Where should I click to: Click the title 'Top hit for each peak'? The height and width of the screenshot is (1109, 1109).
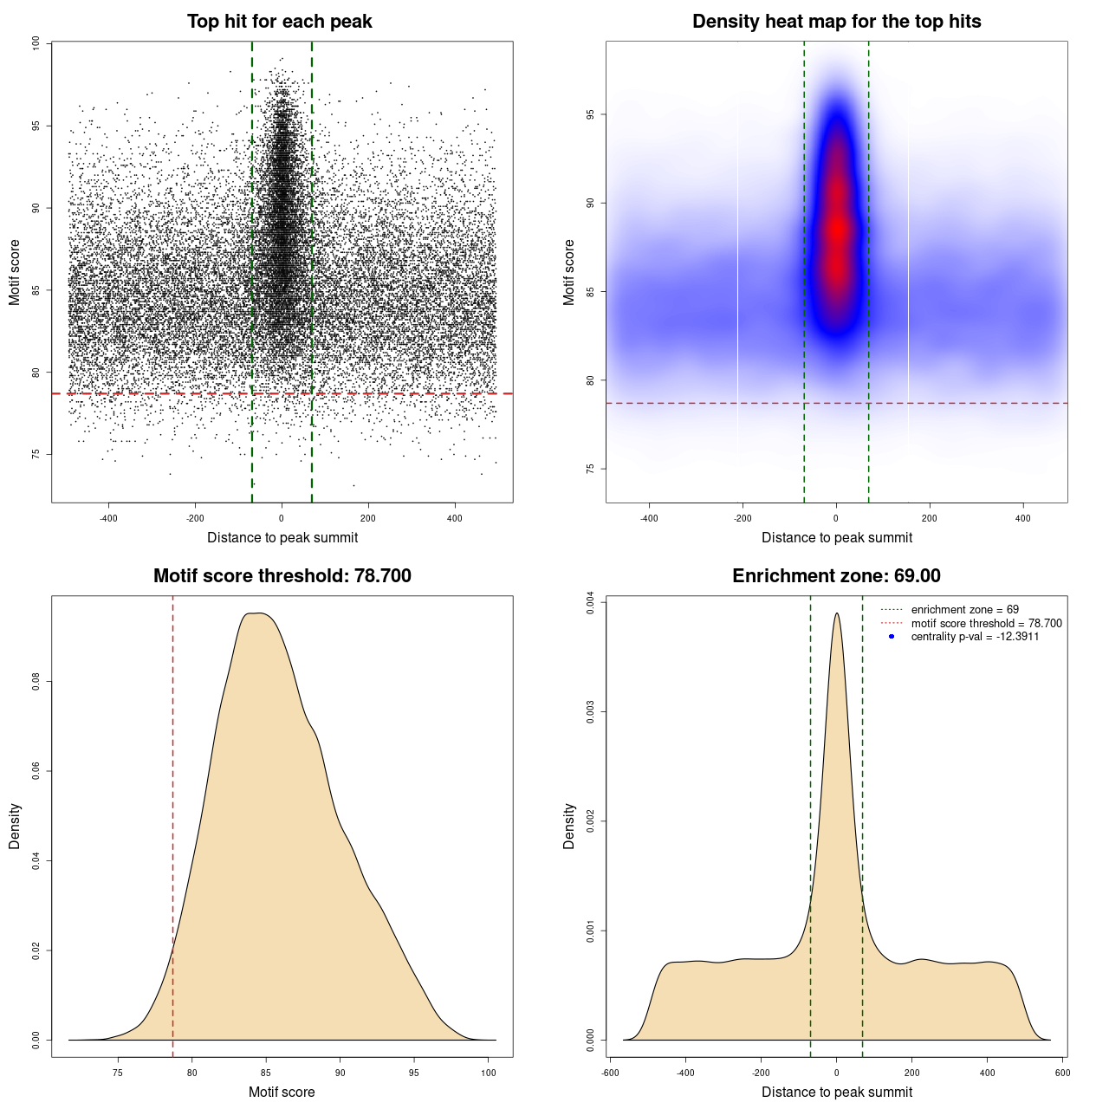(280, 22)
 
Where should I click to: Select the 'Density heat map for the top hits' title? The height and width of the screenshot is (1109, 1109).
(836, 22)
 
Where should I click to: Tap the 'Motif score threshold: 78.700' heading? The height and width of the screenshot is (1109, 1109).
(282, 576)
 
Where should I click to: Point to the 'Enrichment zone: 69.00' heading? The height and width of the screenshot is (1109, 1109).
(836, 576)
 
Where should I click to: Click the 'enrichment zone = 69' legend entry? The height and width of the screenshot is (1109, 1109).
(964, 610)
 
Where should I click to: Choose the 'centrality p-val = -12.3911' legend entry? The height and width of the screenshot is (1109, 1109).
(975, 637)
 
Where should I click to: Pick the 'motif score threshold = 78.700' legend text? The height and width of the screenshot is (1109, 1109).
(986, 624)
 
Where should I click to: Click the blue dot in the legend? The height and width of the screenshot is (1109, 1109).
(892, 637)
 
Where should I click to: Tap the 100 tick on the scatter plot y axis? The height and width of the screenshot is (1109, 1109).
(36, 43)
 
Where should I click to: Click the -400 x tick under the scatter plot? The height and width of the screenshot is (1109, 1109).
(108, 519)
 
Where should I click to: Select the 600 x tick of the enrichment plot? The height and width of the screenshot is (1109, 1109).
(1062, 1073)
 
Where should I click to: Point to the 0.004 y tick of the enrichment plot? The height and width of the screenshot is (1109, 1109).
(590, 603)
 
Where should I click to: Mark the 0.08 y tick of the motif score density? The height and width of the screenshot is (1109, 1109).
(36, 682)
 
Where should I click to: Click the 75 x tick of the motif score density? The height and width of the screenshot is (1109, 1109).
(118, 1073)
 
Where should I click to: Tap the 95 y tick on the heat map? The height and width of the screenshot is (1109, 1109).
(590, 114)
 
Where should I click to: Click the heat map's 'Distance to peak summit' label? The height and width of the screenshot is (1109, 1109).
(836, 538)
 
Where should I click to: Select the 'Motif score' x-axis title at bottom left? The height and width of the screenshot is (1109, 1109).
(282, 1093)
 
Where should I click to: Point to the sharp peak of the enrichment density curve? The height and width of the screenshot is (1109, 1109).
(836, 614)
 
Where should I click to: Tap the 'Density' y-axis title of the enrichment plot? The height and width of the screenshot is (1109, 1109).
(569, 826)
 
